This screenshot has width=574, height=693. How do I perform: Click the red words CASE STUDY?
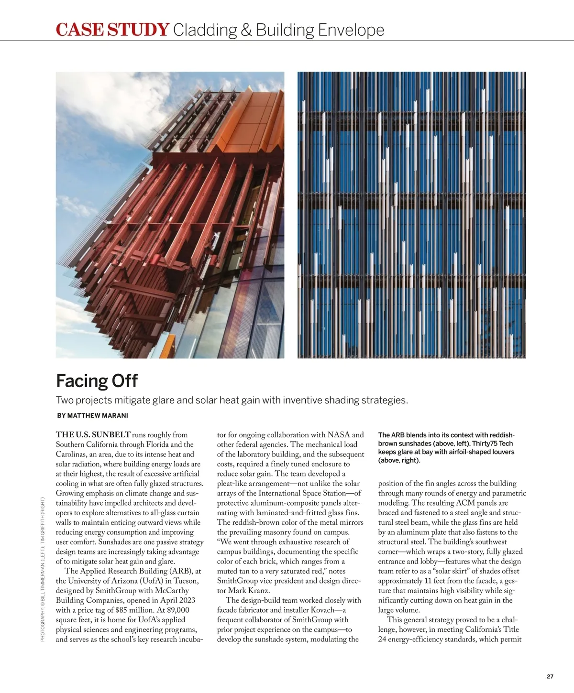coord(112,30)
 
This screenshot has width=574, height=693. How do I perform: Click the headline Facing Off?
coord(97,381)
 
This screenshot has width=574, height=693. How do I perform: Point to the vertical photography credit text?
coord(43,569)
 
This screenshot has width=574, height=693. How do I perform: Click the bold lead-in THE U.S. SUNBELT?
coord(93,435)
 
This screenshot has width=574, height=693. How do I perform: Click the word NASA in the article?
coord(339,435)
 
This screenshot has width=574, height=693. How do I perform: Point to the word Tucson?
coord(186,581)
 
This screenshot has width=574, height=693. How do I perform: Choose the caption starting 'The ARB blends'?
coord(446,447)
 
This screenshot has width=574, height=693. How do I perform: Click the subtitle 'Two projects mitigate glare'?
coord(232,400)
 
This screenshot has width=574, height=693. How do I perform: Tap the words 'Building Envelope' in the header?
coord(320,30)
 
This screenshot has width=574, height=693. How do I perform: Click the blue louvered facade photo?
coord(411,215)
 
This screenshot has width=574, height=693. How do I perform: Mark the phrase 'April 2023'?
coord(176,601)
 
